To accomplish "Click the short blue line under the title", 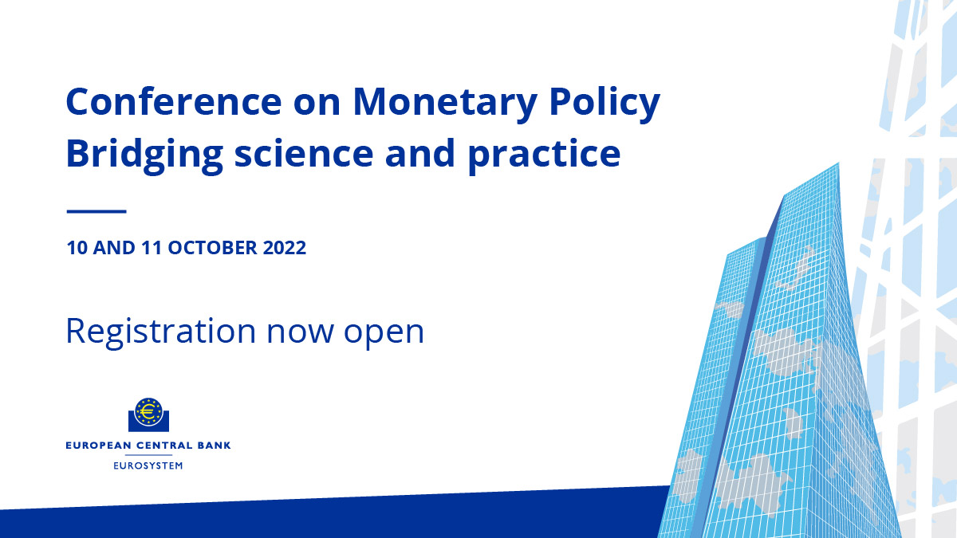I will pyautogui.click(x=96, y=211).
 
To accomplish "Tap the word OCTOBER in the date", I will pyautogui.click(x=211, y=248).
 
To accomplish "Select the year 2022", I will pyautogui.click(x=284, y=248).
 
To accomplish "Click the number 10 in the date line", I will pyautogui.click(x=77, y=248).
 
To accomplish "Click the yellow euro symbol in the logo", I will pyautogui.click(x=148, y=412).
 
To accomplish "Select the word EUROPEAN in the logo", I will pyautogui.click(x=94, y=446).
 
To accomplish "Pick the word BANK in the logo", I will pyautogui.click(x=213, y=446).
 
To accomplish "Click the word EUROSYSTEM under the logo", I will pyautogui.click(x=148, y=465).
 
